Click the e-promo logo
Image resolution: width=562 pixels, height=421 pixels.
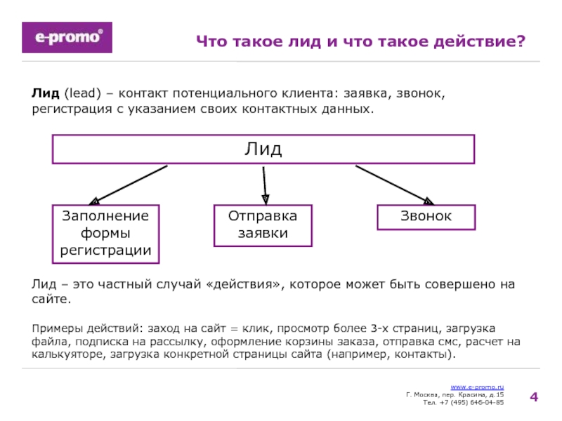[x=67, y=37]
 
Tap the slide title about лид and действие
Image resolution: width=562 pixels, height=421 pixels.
[x=360, y=42]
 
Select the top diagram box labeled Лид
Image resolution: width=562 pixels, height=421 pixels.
[x=263, y=149]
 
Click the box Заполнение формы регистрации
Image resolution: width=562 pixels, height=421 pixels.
[x=105, y=233]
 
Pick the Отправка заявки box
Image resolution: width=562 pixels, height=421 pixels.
[x=263, y=225]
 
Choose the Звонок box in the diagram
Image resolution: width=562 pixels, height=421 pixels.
[x=426, y=217]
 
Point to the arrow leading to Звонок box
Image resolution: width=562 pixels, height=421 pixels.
[x=394, y=185]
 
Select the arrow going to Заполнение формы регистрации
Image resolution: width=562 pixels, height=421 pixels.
[x=130, y=185]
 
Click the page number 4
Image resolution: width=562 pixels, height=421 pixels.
[x=534, y=398]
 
